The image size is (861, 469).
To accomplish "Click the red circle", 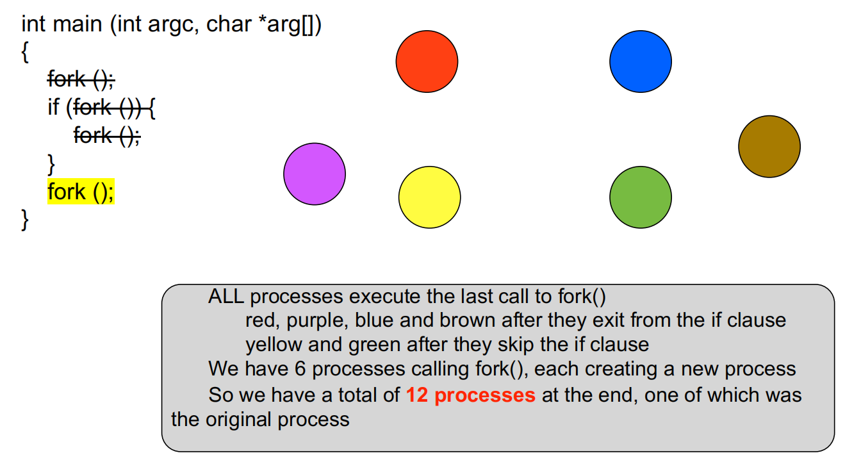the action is (x=427, y=62).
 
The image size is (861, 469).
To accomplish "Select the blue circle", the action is (x=641, y=62).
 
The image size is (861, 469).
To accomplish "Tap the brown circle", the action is (x=769, y=147).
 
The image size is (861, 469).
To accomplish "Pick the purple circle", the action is (x=315, y=174).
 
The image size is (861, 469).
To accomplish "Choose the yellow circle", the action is (x=429, y=197).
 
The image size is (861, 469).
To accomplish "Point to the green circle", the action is (x=641, y=197).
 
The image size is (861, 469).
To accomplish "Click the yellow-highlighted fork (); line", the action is (x=81, y=192).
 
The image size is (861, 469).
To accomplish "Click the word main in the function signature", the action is (x=78, y=24).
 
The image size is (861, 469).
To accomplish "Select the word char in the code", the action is (x=229, y=24).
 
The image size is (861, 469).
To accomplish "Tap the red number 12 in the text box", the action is (x=416, y=395).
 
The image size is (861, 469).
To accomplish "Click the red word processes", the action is (x=485, y=395).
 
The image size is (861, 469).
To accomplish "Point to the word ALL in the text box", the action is (x=226, y=297).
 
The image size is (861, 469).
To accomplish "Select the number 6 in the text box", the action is (x=300, y=369).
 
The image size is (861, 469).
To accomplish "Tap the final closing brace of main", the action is (x=25, y=220).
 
